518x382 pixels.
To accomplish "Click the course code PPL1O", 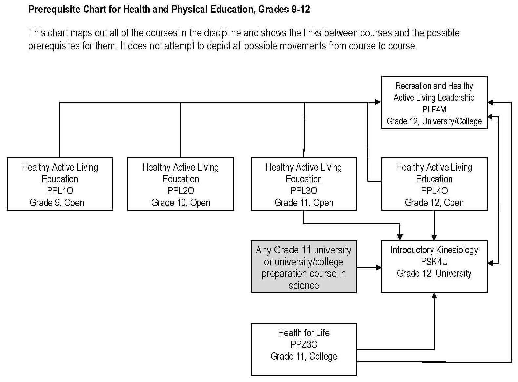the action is (x=60, y=191).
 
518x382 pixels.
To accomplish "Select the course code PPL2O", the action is (x=181, y=191).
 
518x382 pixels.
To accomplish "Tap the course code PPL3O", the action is (x=304, y=191).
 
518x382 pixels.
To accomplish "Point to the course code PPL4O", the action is (x=434, y=191).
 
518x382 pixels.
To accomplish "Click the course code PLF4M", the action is (x=434, y=110).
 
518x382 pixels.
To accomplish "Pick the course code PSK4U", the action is (x=434, y=262).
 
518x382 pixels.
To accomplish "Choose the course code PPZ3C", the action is (x=304, y=345).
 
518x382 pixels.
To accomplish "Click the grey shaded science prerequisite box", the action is (x=304, y=267).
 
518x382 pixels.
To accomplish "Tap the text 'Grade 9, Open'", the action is (x=57, y=203).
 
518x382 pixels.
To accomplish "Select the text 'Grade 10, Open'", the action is (x=181, y=203).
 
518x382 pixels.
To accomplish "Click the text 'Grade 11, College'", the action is (x=304, y=356).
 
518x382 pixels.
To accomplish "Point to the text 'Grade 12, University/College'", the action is (x=434, y=121).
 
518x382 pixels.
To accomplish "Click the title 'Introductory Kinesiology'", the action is (x=434, y=250).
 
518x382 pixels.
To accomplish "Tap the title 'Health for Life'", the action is (x=304, y=333).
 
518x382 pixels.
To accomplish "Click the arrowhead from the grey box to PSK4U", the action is (x=378, y=268).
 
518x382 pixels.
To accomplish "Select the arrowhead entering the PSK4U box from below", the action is (x=434, y=296).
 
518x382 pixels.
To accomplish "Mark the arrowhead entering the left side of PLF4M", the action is (x=378, y=102).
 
